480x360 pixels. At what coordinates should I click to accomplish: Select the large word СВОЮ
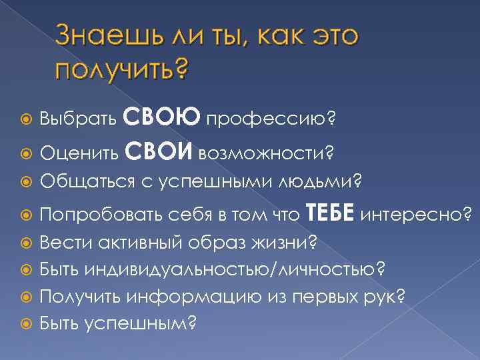tap(169, 118)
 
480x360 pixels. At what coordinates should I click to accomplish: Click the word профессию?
tap(271, 120)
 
